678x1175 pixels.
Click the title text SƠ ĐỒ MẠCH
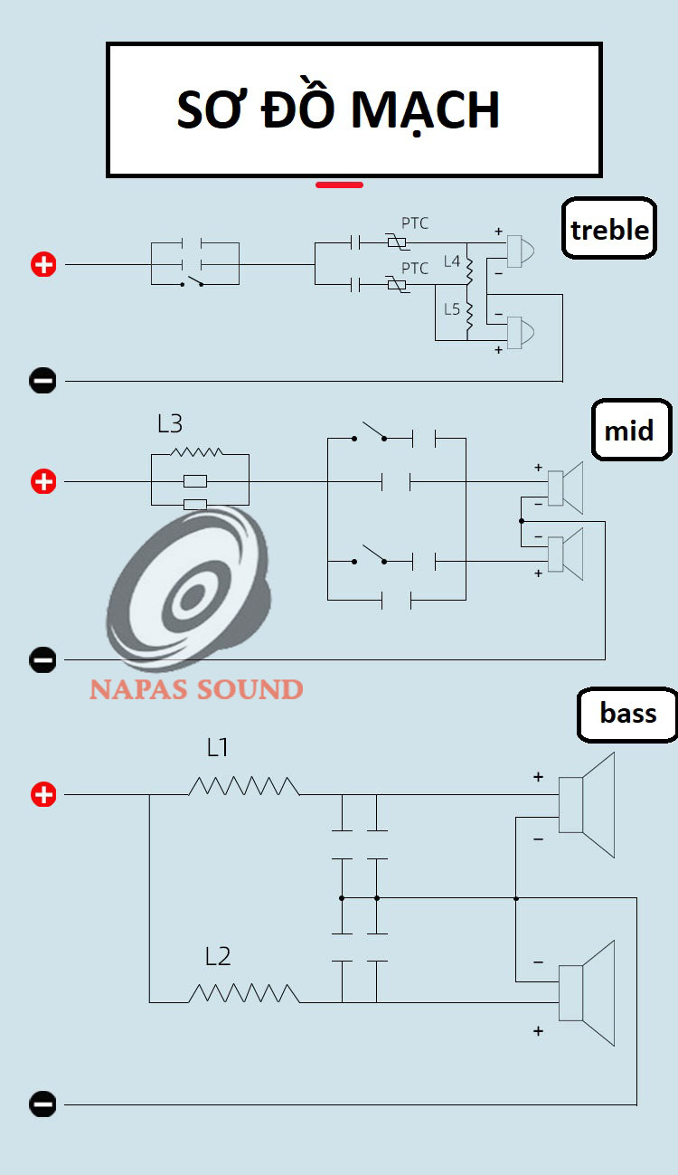point(339,110)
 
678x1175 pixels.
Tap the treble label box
point(609,230)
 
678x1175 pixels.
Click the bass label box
point(627,714)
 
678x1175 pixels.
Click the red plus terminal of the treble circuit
point(43,265)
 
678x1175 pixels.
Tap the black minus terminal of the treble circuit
point(42,381)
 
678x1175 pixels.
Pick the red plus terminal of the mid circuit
point(43,482)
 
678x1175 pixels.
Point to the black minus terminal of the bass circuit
point(42,1104)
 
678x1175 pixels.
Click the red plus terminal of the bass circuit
point(43,795)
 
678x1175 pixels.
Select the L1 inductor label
point(218,748)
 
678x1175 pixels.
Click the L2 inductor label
point(218,956)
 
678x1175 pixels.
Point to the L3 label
point(170,423)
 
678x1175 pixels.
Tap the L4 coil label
point(451,262)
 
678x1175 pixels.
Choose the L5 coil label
point(451,308)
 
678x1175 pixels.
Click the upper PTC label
point(415,223)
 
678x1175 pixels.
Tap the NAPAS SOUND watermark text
point(196,689)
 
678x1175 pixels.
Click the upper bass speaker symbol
point(587,804)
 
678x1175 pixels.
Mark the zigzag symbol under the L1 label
point(243,785)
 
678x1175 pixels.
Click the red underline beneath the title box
point(339,185)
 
